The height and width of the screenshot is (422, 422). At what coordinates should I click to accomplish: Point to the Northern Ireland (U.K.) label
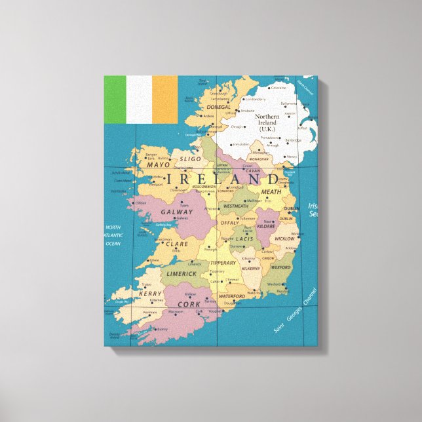point(267,123)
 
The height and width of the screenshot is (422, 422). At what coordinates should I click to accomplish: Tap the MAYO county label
point(158,165)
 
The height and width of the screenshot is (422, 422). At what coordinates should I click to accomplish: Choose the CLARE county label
point(177,244)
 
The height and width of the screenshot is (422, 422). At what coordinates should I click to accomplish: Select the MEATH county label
point(271,192)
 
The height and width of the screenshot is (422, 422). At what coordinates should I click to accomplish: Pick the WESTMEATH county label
point(236,206)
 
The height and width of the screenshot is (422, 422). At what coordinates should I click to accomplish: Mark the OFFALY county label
point(229,223)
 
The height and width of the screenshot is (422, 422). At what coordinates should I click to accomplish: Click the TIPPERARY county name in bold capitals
point(223,263)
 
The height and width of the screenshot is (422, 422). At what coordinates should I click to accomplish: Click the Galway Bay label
point(164,225)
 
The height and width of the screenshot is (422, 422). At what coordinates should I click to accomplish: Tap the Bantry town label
point(163,329)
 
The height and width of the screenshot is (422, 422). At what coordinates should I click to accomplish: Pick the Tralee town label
point(145,284)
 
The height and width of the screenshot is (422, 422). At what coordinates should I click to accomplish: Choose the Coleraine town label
point(278,87)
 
